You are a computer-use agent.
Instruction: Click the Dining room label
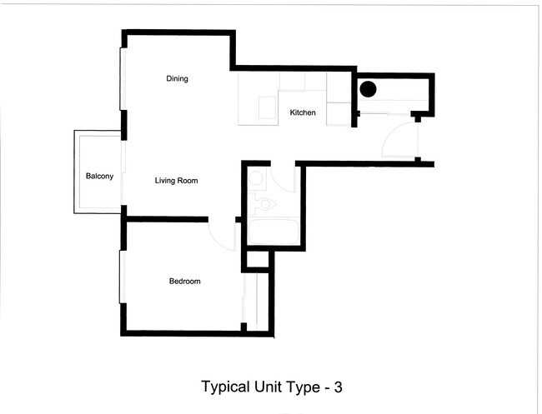coord(177,79)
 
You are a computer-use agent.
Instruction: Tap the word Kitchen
coord(303,112)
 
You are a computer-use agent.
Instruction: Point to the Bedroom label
coord(185,282)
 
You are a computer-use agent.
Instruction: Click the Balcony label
coord(99,177)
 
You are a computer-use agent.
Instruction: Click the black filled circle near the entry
coord(368,88)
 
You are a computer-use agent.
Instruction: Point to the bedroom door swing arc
coord(222,236)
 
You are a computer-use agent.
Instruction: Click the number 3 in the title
coord(337,387)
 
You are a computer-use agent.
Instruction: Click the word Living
coord(167,180)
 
